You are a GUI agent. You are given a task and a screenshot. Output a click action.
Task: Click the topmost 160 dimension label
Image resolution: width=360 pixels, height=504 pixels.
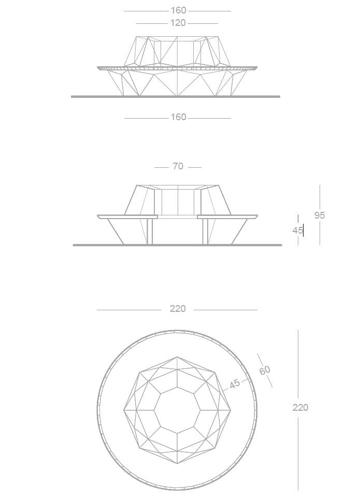(x=178, y=10)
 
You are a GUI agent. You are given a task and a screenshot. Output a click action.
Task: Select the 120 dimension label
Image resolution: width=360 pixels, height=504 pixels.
(x=178, y=23)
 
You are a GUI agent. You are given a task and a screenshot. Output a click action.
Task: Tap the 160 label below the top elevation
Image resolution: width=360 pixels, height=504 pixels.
(x=178, y=118)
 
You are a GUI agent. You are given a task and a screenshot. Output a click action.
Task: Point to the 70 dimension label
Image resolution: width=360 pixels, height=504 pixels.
(x=178, y=167)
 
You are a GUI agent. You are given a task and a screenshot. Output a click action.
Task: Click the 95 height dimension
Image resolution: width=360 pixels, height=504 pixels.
(x=320, y=215)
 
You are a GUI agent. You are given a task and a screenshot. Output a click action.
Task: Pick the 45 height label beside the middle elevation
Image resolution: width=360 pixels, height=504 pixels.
(x=297, y=231)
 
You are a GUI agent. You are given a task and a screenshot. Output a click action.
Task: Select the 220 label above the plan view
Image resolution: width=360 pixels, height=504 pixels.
(x=178, y=309)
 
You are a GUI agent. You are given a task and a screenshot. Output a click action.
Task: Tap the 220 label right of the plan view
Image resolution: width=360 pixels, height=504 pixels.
(x=300, y=408)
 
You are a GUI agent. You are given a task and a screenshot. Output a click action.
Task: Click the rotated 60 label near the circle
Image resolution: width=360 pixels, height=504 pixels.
(x=265, y=370)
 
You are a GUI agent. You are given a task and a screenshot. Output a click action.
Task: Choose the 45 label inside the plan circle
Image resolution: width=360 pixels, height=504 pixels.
(x=235, y=384)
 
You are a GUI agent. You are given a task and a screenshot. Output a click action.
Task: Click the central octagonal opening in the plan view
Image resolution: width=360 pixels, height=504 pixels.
(x=177, y=410)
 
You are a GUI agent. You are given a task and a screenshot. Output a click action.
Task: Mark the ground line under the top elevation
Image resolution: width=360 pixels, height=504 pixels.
(x=175, y=96)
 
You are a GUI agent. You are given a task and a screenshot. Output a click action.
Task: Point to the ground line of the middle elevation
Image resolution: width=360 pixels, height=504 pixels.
(x=177, y=244)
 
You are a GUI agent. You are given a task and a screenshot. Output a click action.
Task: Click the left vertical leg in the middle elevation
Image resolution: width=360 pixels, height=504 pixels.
(x=150, y=231)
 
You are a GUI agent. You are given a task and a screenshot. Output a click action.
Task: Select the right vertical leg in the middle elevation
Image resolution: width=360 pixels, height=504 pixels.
(x=205, y=231)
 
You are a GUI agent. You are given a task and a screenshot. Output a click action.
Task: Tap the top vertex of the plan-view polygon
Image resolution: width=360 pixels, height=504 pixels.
(x=177, y=356)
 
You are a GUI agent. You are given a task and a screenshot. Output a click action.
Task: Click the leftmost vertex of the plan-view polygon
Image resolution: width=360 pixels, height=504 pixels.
(x=124, y=410)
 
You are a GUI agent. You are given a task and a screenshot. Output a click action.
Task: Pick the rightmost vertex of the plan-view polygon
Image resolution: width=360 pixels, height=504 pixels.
(x=231, y=410)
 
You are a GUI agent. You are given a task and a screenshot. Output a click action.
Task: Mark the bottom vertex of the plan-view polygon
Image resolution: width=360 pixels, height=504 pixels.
(x=177, y=464)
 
